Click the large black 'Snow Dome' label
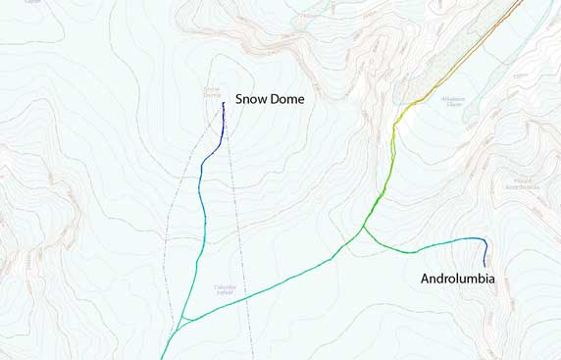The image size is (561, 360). (270, 99)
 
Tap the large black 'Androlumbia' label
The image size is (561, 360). (457, 279)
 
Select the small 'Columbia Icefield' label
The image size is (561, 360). (228, 289)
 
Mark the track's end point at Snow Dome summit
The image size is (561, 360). (224, 103)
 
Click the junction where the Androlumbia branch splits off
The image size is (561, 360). (364, 228)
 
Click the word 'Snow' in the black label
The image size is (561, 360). (251, 99)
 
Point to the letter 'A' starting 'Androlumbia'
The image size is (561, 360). (426, 279)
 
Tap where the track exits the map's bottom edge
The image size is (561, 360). (162, 357)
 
